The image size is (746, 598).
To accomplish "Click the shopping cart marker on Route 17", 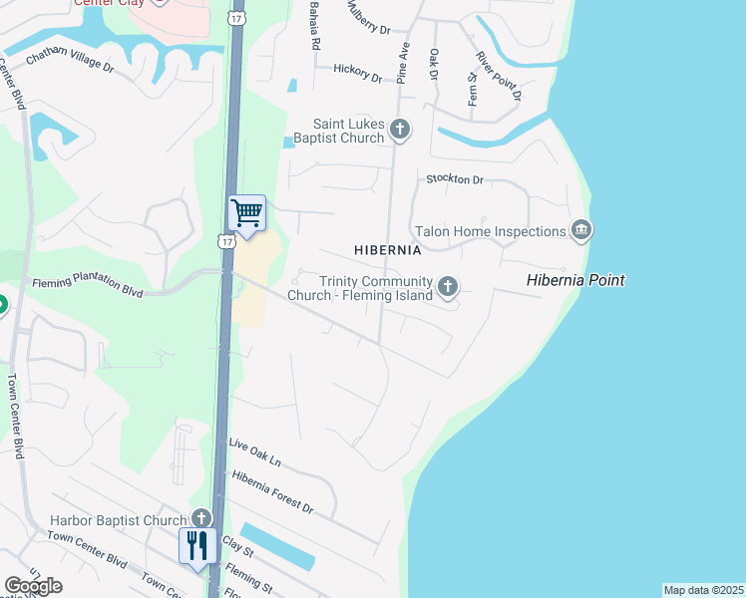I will point(246,213).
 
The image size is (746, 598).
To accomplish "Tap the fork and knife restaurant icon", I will point(196,545).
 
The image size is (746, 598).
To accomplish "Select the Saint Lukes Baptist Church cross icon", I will point(400,129).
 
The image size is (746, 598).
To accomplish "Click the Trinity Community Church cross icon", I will point(449,288).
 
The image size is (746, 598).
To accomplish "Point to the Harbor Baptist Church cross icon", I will point(201,519).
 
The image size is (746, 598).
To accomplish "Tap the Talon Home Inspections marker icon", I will point(581,231).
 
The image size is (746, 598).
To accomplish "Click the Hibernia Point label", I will point(575,281).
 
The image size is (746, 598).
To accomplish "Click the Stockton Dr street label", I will point(454,179).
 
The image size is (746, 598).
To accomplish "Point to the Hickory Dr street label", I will point(358,72).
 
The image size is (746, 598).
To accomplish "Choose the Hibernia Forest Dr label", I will point(272,492).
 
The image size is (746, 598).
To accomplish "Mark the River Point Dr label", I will point(499,76).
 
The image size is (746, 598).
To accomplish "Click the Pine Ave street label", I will point(403,61).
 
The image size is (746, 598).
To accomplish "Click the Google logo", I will point(33,585).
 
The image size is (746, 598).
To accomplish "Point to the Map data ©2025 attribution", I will point(704,590).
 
